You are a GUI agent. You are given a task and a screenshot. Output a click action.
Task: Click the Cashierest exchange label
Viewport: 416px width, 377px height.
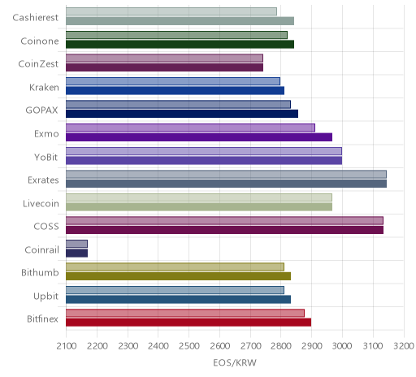click(x=36, y=18)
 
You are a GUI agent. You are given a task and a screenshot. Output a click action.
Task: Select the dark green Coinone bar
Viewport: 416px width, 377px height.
click(x=180, y=44)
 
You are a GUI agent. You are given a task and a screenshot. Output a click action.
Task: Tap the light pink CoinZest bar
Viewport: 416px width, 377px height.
click(x=164, y=58)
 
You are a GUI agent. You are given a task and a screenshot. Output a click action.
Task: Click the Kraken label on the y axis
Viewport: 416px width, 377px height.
click(x=44, y=88)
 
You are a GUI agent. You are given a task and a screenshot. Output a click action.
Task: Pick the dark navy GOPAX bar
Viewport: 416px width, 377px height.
click(x=182, y=114)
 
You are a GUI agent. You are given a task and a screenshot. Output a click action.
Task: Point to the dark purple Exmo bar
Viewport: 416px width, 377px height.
click(x=199, y=137)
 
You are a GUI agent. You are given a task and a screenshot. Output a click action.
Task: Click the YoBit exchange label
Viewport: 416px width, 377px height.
click(x=46, y=157)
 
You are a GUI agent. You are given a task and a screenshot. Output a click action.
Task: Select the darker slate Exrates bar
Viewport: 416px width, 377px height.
click(x=226, y=184)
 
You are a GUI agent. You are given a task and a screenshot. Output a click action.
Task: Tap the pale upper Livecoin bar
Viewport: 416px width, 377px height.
click(x=199, y=197)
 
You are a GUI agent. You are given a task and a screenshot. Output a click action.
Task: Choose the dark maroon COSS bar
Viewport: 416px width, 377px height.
click(x=224, y=230)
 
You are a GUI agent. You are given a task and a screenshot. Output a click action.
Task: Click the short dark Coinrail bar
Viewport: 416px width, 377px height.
click(x=76, y=253)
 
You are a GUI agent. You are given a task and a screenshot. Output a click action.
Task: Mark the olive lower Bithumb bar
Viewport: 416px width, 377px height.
click(x=178, y=276)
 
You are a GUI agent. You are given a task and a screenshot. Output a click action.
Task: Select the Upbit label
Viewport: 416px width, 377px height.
click(x=45, y=296)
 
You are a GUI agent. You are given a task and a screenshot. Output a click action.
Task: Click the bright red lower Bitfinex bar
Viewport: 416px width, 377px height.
click(x=188, y=323)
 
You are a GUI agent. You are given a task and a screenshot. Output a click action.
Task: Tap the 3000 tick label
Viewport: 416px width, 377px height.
click(x=342, y=346)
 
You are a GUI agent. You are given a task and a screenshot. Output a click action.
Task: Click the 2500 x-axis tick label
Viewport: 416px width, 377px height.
click(x=188, y=346)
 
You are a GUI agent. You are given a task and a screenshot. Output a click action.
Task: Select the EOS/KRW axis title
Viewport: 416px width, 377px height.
click(x=235, y=362)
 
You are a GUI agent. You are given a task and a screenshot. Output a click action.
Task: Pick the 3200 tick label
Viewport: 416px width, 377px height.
click(x=404, y=346)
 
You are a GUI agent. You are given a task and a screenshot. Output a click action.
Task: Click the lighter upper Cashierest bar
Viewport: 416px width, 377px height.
click(x=171, y=11)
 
